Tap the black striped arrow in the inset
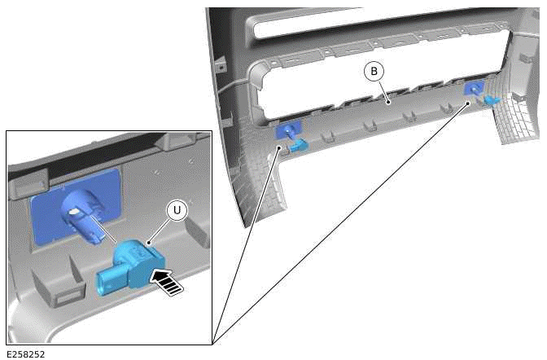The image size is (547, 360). [167, 280]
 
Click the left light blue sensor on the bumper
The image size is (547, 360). [298, 145]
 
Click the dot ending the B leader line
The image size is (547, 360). [390, 101]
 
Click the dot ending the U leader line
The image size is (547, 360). [150, 242]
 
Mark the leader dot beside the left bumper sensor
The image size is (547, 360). [278, 148]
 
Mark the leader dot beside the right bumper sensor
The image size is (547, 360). [469, 103]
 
